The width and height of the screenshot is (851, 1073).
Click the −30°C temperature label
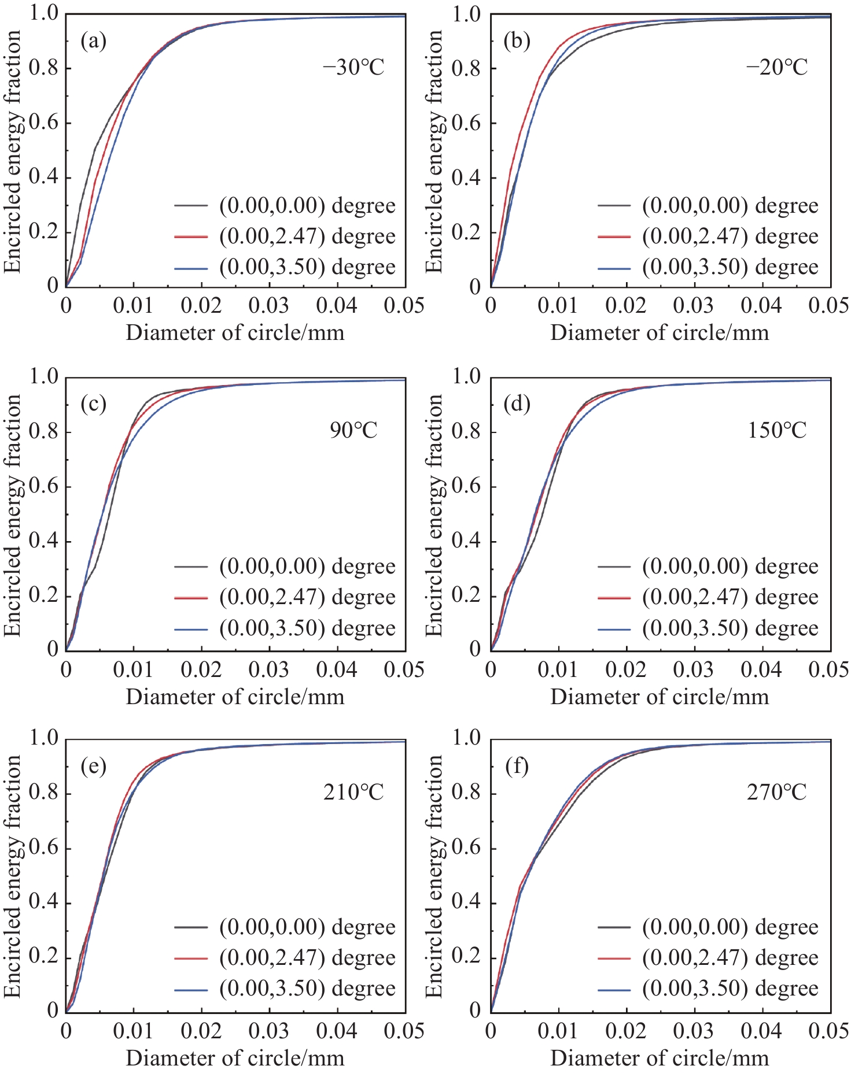coord(353,68)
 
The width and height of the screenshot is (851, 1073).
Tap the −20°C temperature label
coord(776,68)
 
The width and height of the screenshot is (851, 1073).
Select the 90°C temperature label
coord(353,430)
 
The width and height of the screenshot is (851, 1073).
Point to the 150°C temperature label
coord(777,430)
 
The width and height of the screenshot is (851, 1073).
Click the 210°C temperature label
coord(353,792)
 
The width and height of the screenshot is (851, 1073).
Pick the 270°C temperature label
coord(777,792)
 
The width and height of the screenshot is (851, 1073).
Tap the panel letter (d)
coord(517,404)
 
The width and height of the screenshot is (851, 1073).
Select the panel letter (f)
coord(517,766)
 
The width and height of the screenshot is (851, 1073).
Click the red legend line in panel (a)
coord(191,236)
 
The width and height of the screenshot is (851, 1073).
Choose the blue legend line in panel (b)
coord(614,268)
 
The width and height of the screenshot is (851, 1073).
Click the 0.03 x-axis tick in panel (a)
coord(269,306)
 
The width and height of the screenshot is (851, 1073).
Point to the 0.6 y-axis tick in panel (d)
coord(466,486)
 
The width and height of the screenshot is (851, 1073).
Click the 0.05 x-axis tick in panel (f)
coord(830,1031)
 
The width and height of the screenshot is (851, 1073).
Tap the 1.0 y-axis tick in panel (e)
coord(44,739)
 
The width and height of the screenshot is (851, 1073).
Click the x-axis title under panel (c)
coord(235,697)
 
